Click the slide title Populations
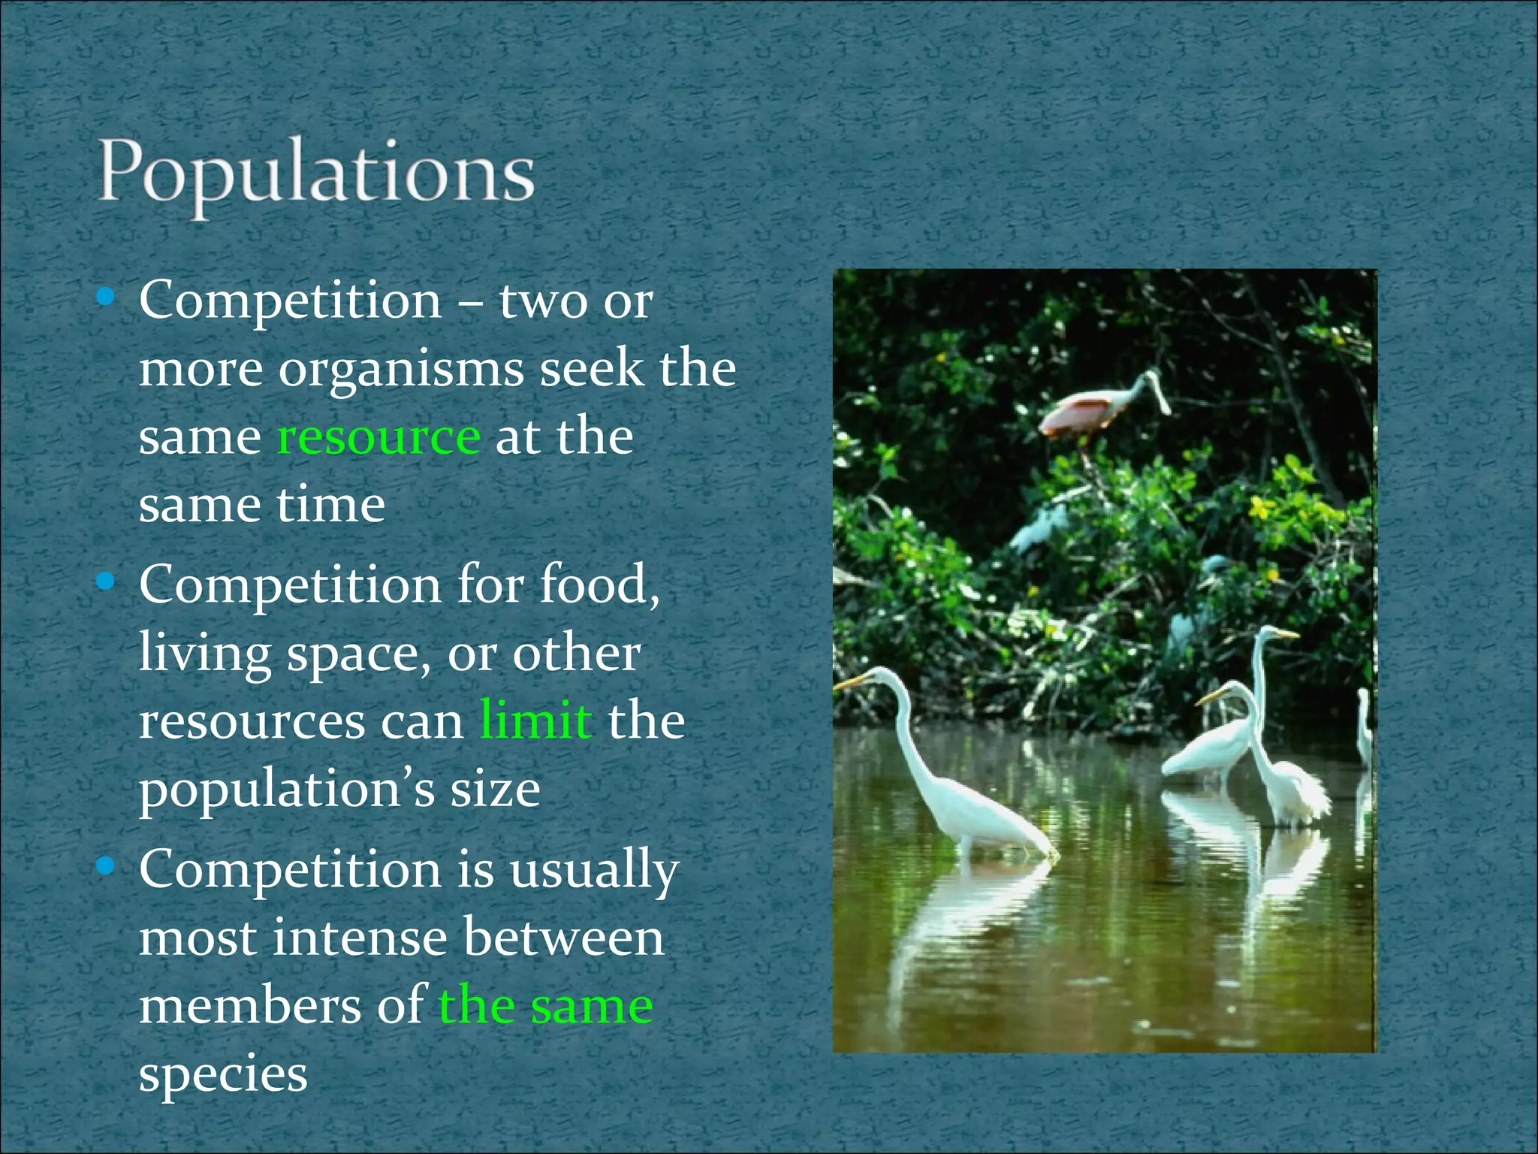click(315, 174)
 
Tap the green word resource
click(378, 437)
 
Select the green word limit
click(535, 720)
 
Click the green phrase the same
click(546, 1006)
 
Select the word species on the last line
click(223, 1074)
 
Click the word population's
click(287, 790)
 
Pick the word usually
click(594, 871)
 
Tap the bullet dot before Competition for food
click(106, 582)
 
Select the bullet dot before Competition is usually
click(106, 867)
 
